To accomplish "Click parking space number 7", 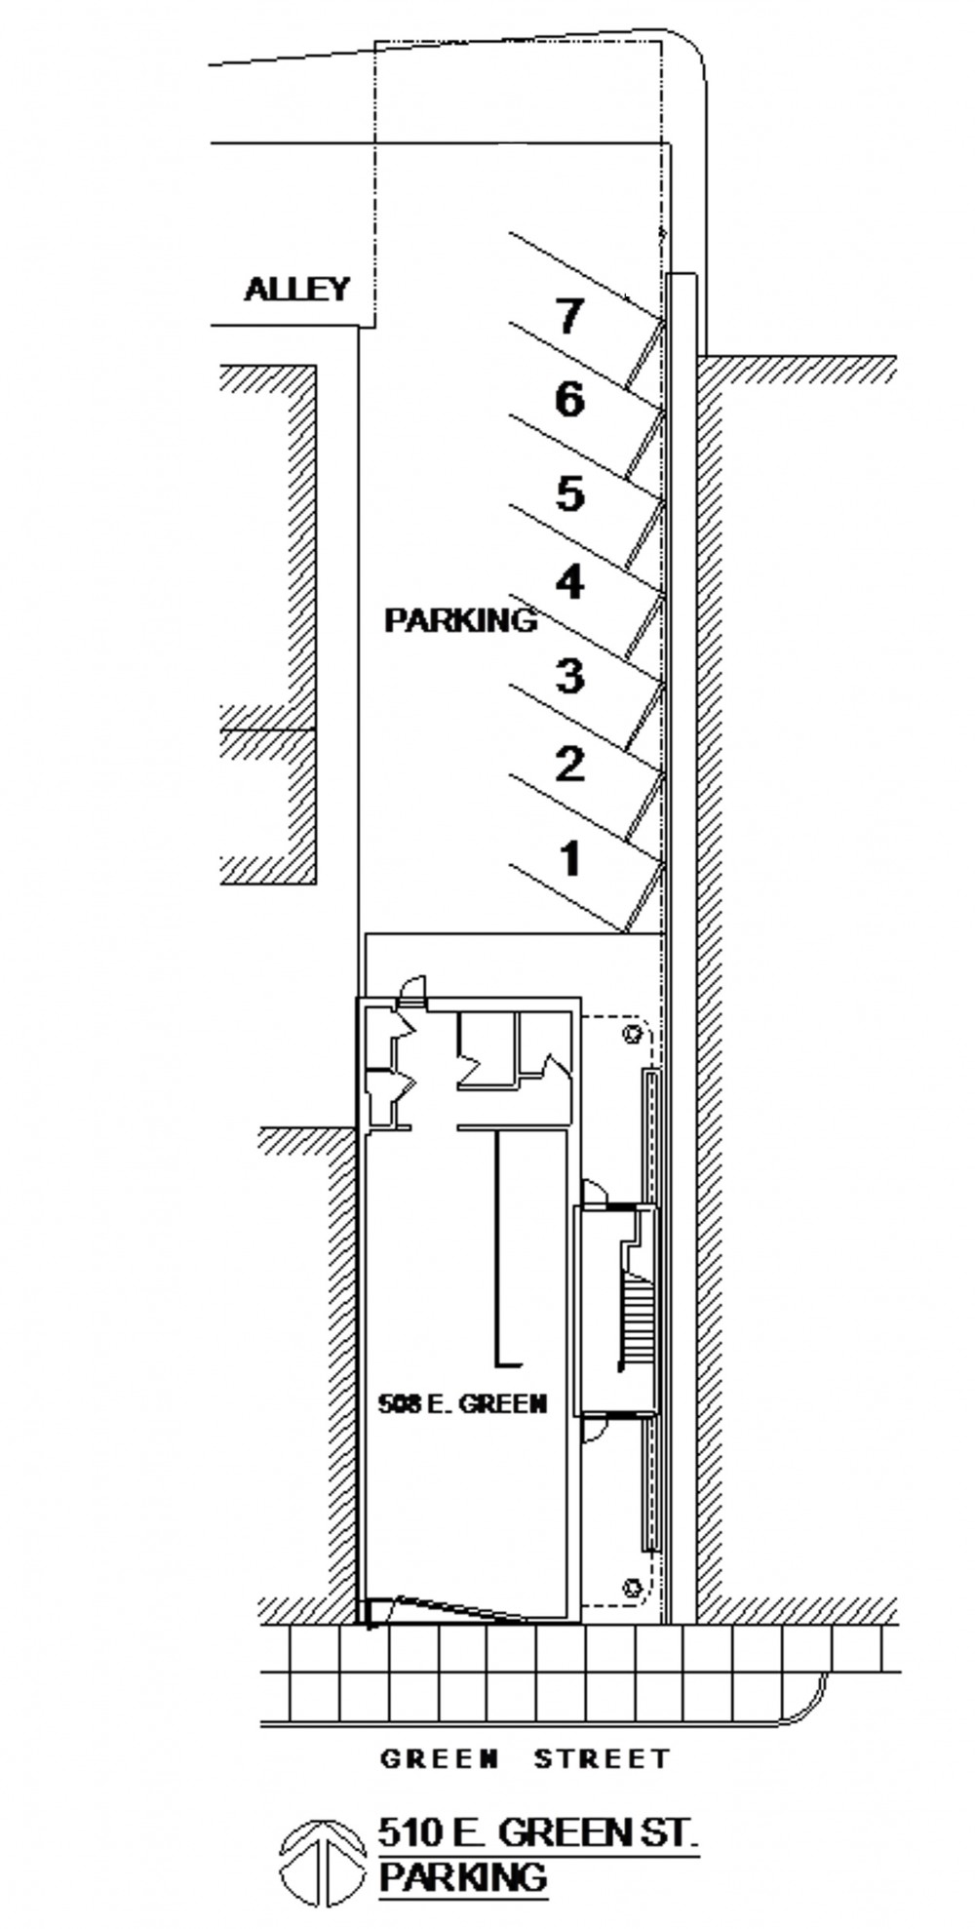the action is pyautogui.click(x=569, y=316).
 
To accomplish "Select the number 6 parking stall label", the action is pyautogui.click(x=569, y=400).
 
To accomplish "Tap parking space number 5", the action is pyautogui.click(x=569, y=492).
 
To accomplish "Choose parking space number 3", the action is pyautogui.click(x=569, y=675).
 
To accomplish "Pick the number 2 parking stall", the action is pyautogui.click(x=569, y=763).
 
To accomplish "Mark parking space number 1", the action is pyautogui.click(x=569, y=858).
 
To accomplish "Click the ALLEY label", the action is pyautogui.click(x=296, y=289).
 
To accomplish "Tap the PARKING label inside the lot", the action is pyautogui.click(x=460, y=619).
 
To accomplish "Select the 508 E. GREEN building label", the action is pyautogui.click(x=462, y=1403).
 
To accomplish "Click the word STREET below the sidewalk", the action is pyautogui.click(x=603, y=1758).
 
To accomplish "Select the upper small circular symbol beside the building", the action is pyautogui.click(x=633, y=1033).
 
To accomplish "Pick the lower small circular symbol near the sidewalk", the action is pyautogui.click(x=633, y=1587).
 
